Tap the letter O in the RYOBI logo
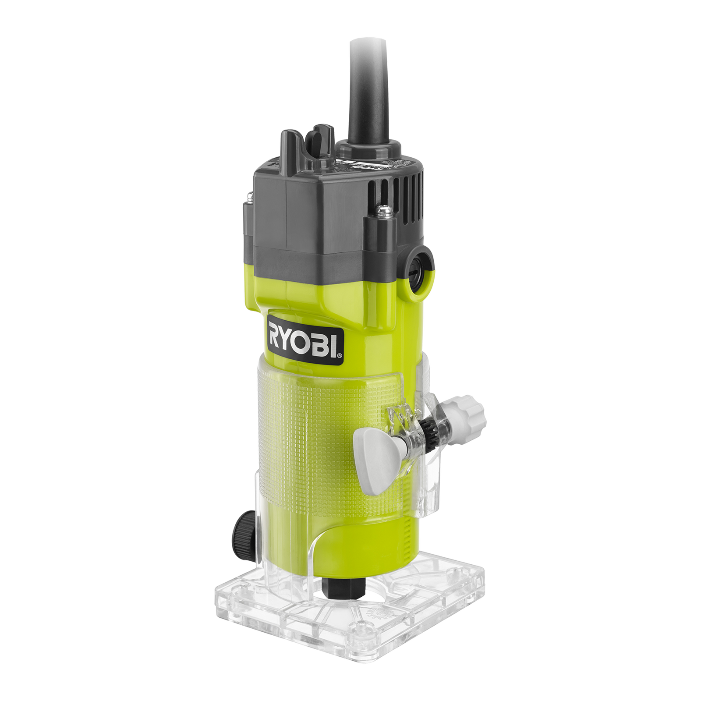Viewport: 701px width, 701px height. [x=310, y=337]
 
